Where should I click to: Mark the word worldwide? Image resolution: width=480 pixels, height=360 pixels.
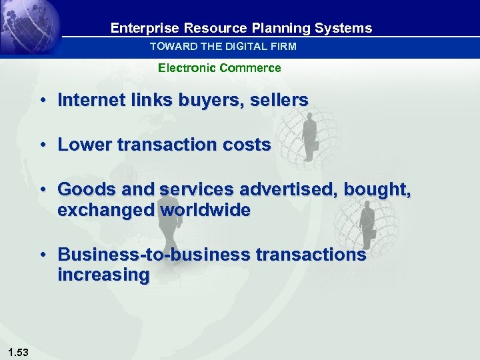[x=205, y=211]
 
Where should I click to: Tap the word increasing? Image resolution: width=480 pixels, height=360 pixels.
[x=103, y=275]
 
